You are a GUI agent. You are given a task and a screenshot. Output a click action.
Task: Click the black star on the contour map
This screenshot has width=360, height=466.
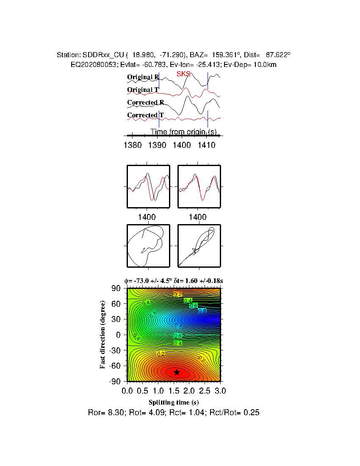(177, 372)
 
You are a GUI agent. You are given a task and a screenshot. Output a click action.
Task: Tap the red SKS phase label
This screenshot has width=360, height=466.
(183, 74)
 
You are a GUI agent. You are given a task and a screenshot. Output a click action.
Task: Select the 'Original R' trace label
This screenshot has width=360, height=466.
(143, 77)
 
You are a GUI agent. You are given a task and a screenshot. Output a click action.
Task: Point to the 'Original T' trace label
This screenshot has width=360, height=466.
(143, 90)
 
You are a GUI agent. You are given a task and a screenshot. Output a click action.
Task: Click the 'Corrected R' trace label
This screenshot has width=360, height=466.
(145, 103)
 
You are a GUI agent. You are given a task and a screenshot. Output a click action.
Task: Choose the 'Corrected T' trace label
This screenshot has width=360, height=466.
(145, 115)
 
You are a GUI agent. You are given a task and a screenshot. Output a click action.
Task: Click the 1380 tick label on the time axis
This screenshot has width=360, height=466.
(132, 145)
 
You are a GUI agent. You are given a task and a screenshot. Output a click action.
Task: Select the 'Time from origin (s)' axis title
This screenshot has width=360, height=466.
(186, 132)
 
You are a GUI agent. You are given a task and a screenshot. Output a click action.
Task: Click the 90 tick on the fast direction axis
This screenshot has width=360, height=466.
(116, 288)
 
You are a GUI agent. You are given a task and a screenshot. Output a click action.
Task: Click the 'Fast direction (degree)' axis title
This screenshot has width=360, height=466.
(103, 335)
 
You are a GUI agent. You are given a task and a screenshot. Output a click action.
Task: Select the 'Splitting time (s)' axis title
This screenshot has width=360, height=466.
(174, 402)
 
